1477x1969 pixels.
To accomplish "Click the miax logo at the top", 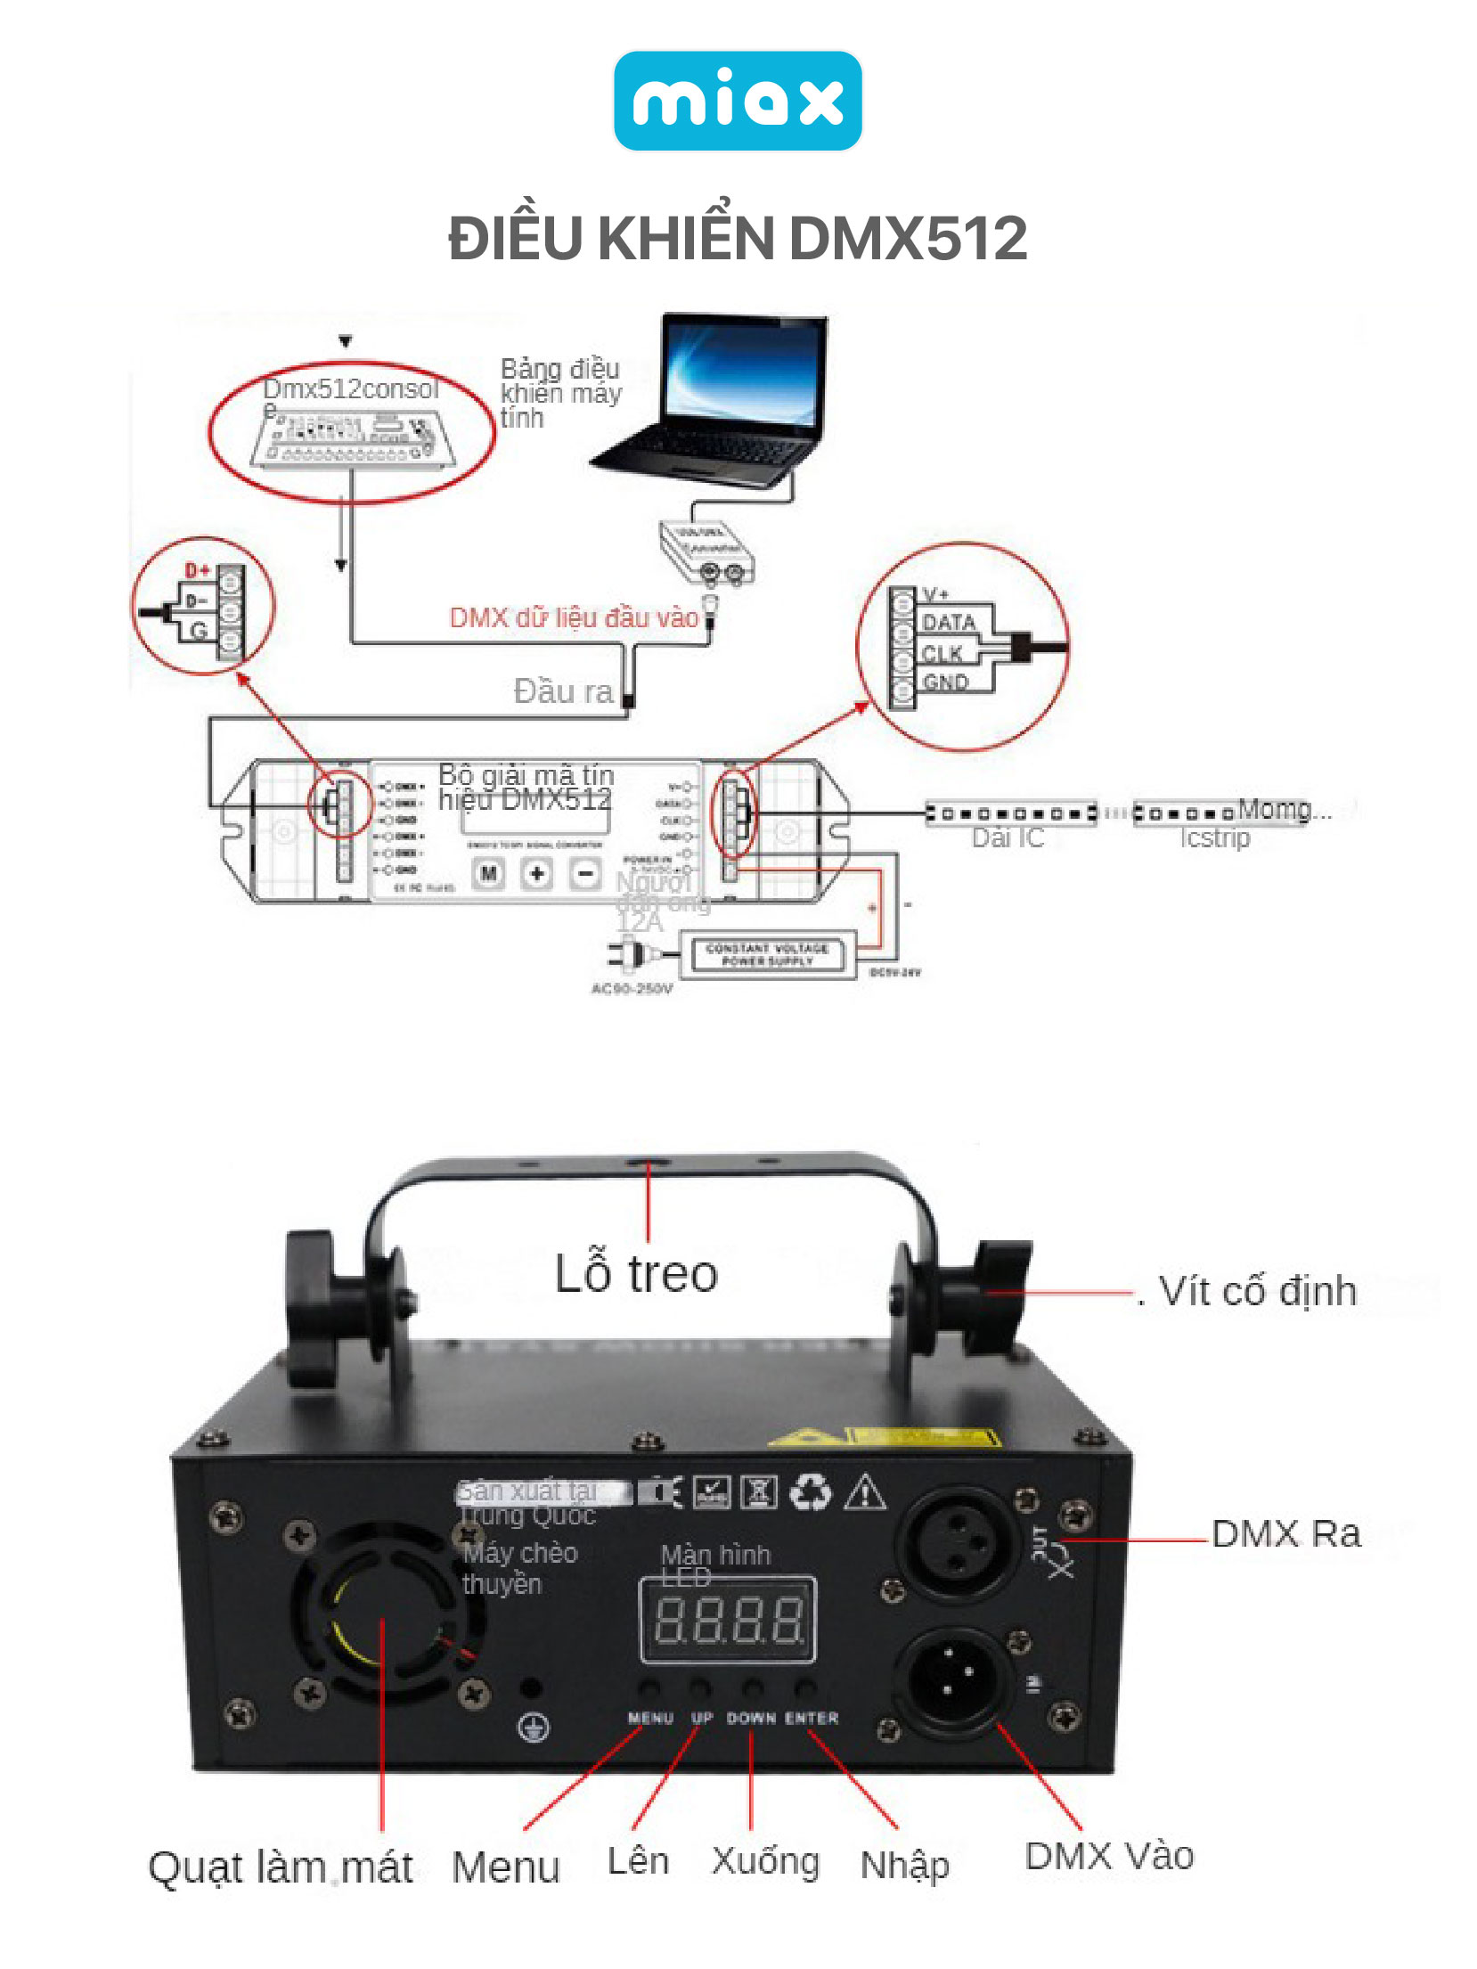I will (738, 101).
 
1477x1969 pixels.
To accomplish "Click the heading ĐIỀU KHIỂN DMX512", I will (738, 239).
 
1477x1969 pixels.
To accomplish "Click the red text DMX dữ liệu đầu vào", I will (573, 617).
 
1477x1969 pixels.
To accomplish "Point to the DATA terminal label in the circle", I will (947, 623).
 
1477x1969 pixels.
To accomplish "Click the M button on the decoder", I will (488, 873).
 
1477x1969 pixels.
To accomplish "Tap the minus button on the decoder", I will (585, 873).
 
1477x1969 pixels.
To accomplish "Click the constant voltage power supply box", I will (767, 955).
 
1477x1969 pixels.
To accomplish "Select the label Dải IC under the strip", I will (1007, 838).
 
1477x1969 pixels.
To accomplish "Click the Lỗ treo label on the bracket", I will (636, 1273).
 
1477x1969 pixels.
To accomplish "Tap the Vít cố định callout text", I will (1257, 1292).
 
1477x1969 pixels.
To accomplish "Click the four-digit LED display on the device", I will (729, 1620).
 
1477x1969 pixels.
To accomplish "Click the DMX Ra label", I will (1286, 1534).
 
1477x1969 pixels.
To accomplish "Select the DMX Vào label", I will (1109, 1857).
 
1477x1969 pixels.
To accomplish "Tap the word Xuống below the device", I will (765, 1861).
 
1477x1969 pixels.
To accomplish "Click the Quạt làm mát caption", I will (281, 1868).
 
